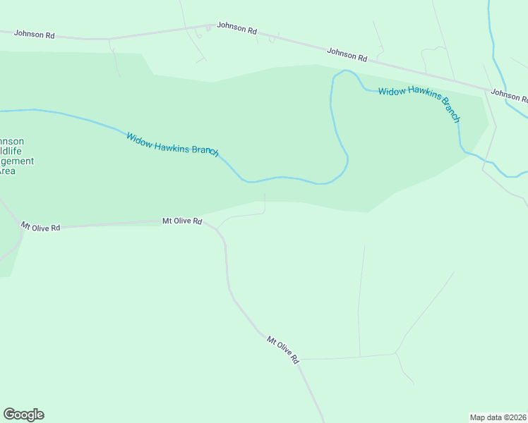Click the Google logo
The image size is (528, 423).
tap(24, 415)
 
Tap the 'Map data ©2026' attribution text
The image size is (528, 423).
tap(498, 417)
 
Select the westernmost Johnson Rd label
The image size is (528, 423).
tap(34, 33)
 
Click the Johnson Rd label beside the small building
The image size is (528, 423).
tap(236, 27)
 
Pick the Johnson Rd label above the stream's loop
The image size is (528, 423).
tap(347, 54)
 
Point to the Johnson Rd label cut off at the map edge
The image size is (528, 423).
tap(509, 95)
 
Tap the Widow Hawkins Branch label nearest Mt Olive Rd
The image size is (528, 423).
tap(173, 145)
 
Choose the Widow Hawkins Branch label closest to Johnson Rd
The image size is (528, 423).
tap(419, 104)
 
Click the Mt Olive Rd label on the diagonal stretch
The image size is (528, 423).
tap(283, 350)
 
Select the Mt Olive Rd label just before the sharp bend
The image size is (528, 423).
tap(183, 221)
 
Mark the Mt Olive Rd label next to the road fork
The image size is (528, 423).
tap(40, 227)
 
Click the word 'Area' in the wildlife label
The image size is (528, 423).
tap(7, 171)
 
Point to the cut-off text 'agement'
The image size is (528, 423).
tap(17, 161)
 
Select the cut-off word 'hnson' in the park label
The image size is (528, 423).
tap(12, 141)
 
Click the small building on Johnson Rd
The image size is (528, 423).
tap(208, 29)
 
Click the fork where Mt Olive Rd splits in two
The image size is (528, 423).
tap(20, 231)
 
